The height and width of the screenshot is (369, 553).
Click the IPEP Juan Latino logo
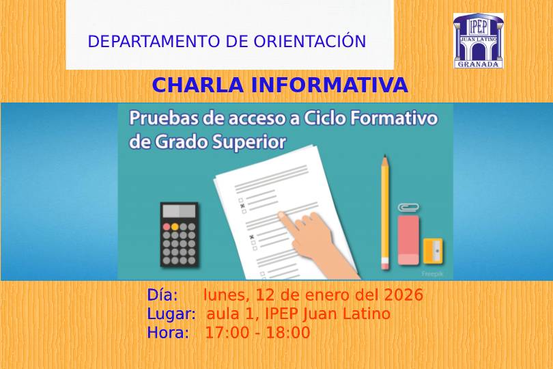pyautogui.click(x=478, y=40)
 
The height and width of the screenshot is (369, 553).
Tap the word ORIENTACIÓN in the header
pyautogui.click(x=310, y=41)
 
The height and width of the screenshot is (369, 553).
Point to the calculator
pyautogui.click(x=179, y=234)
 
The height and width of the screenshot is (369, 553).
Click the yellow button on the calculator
pyautogui.click(x=175, y=227)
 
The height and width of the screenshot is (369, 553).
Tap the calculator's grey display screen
pyautogui.click(x=179, y=211)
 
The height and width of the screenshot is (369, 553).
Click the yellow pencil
pyautogui.click(x=385, y=213)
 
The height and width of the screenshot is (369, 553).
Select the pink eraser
pyautogui.click(x=408, y=240)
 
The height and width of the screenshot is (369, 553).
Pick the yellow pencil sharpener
pyautogui.click(x=433, y=251)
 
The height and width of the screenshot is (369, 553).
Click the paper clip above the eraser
pyautogui.click(x=408, y=208)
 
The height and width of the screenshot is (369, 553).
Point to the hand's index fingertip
pyautogui.click(x=281, y=215)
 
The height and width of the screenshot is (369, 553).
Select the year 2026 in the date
pyautogui.click(x=403, y=295)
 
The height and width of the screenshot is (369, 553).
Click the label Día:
pyautogui.click(x=162, y=295)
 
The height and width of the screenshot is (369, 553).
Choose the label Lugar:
pyautogui.click(x=171, y=314)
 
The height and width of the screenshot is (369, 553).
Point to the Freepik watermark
pyautogui.click(x=432, y=273)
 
